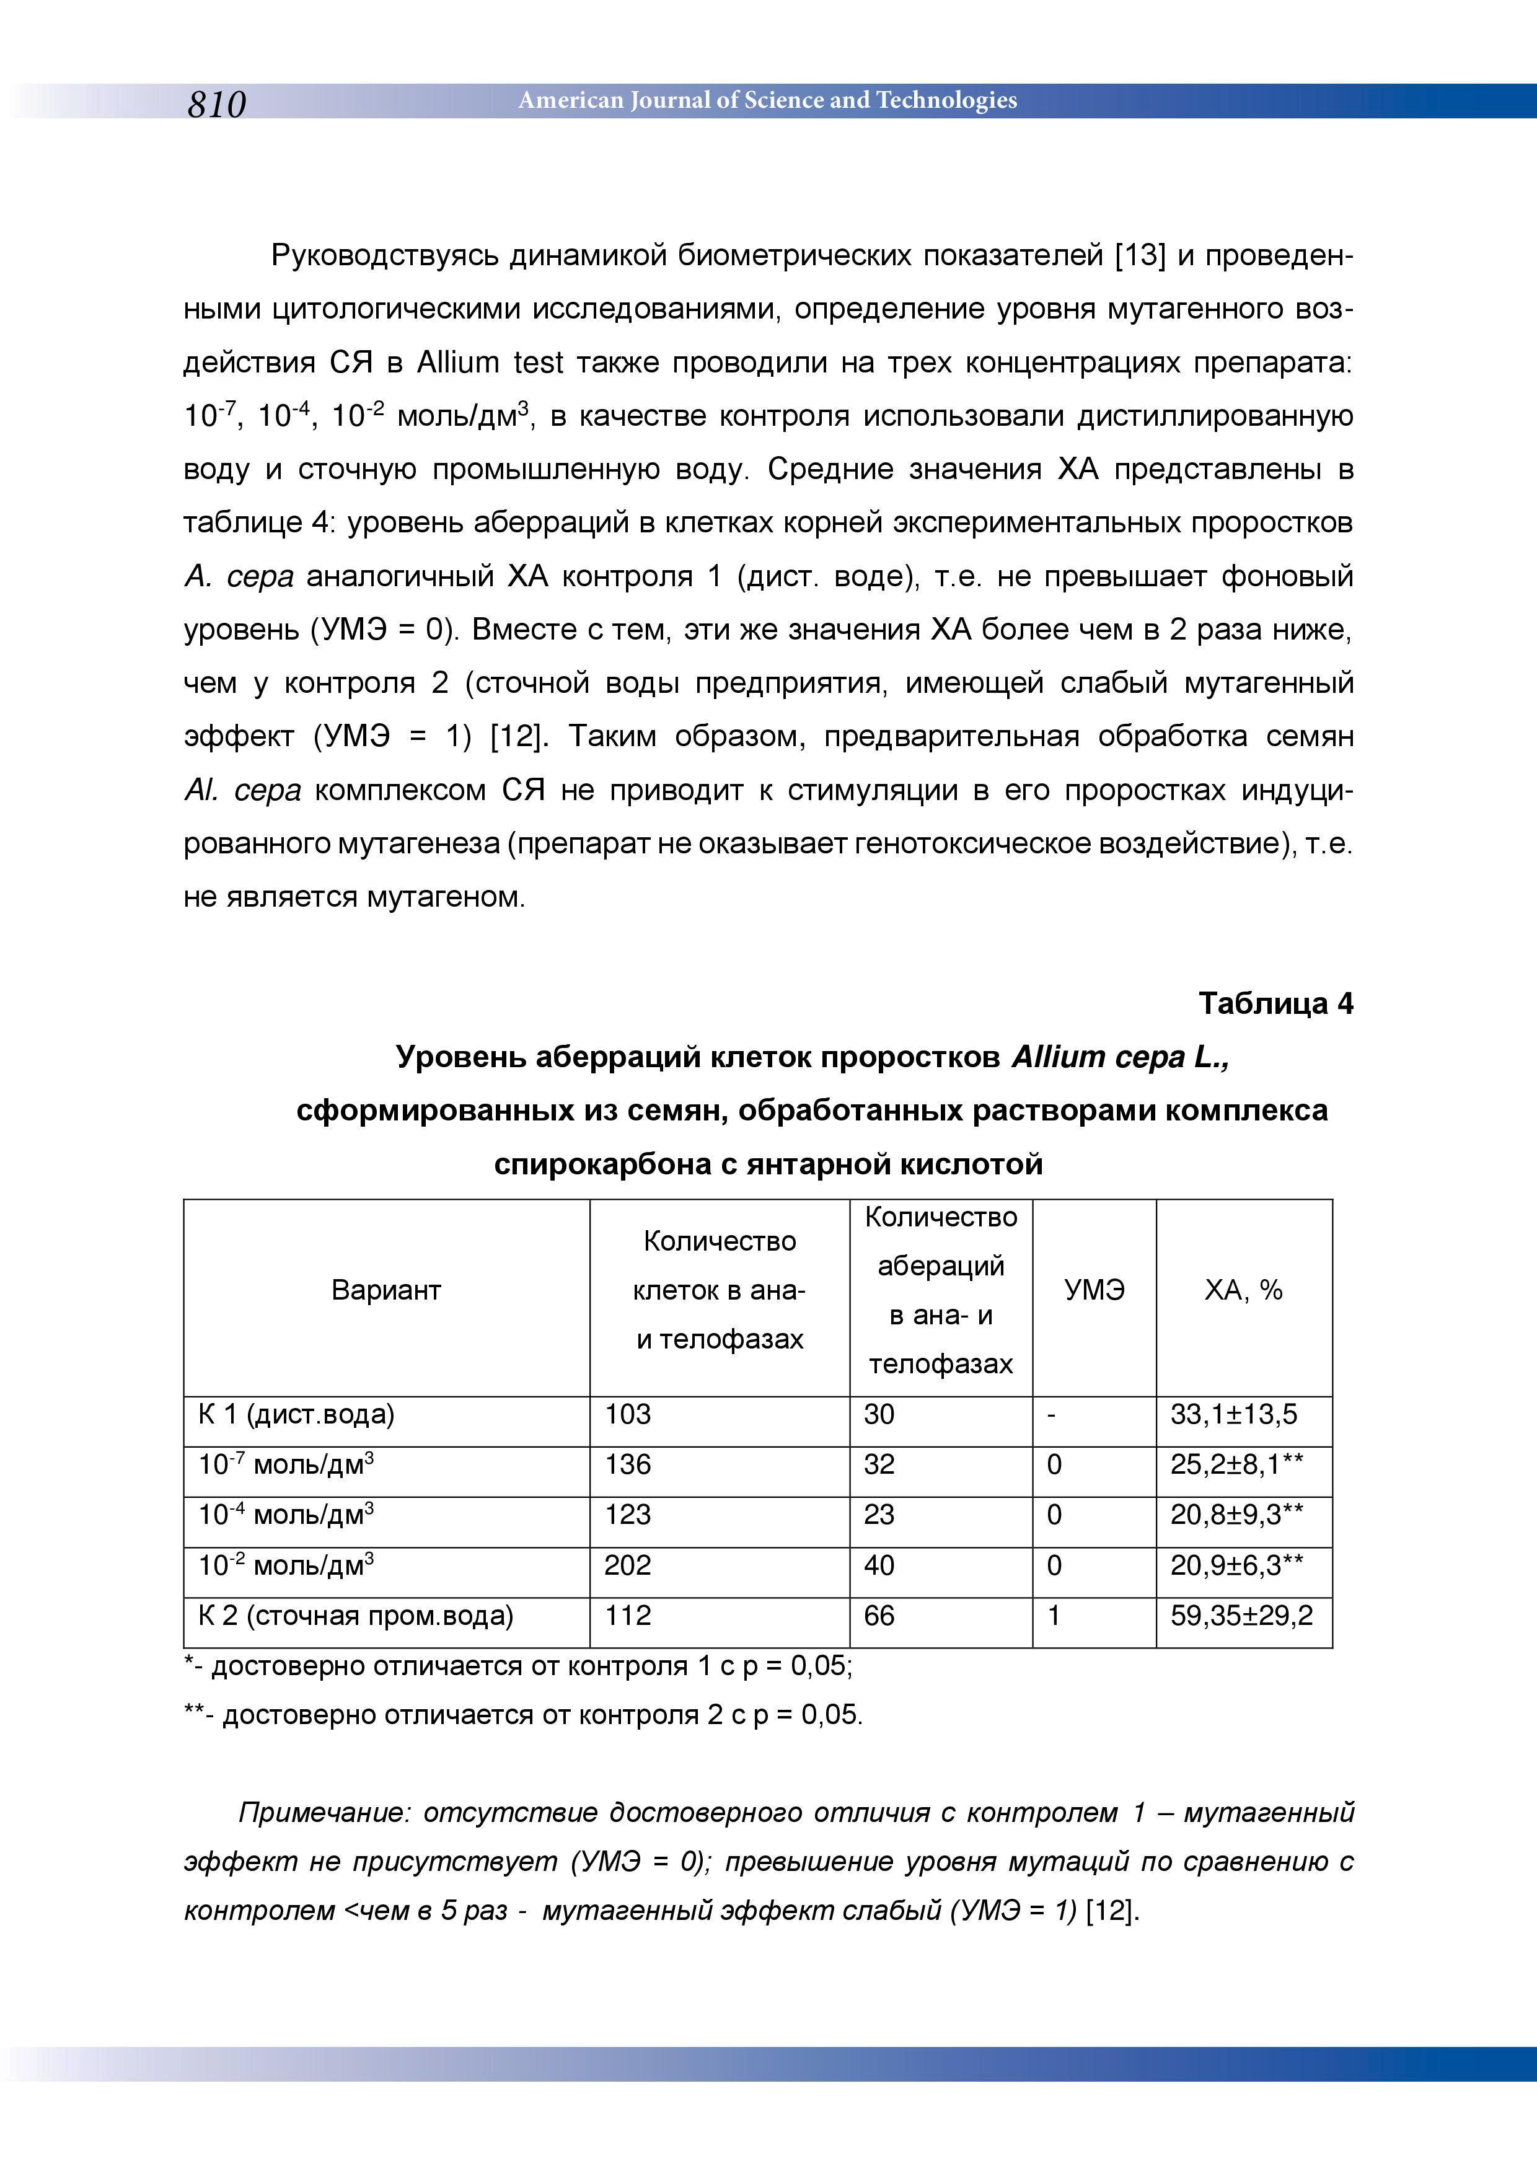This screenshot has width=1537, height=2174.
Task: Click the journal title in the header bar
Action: point(767,100)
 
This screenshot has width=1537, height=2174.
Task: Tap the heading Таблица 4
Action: point(1275,1004)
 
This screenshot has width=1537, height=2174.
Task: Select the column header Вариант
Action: point(386,1290)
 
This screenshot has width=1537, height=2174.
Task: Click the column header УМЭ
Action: point(1094,1290)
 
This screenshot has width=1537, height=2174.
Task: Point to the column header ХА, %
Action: point(1243,1290)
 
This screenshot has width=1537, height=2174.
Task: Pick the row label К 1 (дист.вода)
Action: point(296,1415)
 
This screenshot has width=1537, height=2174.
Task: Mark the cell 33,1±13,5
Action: point(1234,1415)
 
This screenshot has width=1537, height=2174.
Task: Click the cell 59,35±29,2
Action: point(1241,1616)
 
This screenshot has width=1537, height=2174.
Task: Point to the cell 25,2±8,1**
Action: point(1237,1465)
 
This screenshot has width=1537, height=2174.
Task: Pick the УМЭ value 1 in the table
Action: point(1053,1616)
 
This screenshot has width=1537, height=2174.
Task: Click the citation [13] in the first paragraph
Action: point(1139,256)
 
